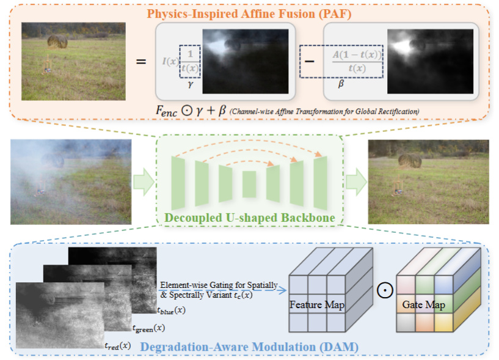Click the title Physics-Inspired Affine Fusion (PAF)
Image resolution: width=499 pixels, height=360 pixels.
pyautogui.click(x=249, y=14)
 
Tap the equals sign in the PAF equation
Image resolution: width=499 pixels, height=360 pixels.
pyautogui.click(x=141, y=61)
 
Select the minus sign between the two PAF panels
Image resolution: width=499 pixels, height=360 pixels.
pyautogui.click(x=309, y=61)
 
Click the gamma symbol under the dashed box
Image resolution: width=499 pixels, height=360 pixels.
pyautogui.click(x=191, y=84)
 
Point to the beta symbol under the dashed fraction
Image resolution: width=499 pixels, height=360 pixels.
pyautogui.click(x=341, y=84)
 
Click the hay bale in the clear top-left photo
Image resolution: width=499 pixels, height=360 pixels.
pyautogui.click(x=57, y=42)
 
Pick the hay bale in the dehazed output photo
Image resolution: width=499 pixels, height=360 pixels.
pyautogui.click(x=410, y=161)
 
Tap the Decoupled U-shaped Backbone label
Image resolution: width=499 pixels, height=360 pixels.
pyautogui.click(x=250, y=218)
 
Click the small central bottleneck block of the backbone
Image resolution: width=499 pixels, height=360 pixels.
pyautogui.click(x=249, y=184)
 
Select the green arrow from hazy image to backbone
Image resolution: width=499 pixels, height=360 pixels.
pyautogui.click(x=144, y=182)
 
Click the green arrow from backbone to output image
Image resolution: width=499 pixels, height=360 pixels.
pyautogui.click(x=357, y=182)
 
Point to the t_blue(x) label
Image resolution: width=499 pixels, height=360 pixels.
pyautogui.click(x=171, y=310)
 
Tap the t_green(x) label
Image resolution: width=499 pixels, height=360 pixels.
pyautogui.click(x=148, y=328)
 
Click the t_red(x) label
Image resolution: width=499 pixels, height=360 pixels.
pyautogui.click(x=118, y=346)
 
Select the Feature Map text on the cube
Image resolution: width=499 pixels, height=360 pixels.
pyautogui.click(x=317, y=305)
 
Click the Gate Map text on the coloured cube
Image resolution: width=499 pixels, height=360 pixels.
pyautogui.click(x=424, y=305)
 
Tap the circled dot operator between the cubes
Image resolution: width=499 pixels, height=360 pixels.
pyautogui.click(x=385, y=290)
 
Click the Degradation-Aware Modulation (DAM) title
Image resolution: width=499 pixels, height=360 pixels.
pyautogui.click(x=249, y=347)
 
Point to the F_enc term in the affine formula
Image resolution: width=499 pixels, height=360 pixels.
pyautogui.click(x=167, y=111)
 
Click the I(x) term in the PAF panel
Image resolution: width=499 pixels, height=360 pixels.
pyautogui.click(x=171, y=61)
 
